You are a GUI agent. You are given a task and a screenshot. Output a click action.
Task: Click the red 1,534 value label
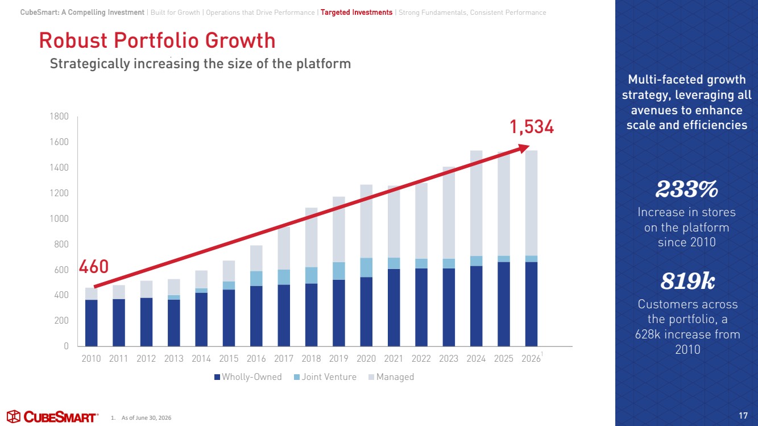[532, 127]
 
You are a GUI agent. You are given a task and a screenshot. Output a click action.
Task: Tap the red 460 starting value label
[94, 267]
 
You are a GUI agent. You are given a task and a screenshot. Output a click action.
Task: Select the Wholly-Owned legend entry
[248, 377]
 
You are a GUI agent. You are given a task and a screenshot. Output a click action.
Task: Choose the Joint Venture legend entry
[325, 377]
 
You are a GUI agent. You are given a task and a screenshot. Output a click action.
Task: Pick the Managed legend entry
[391, 377]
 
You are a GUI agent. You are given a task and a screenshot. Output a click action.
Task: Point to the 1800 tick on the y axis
[59, 117]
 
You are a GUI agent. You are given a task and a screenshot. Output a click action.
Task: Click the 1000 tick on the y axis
[59, 218]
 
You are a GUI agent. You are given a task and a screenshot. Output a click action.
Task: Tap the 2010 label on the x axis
[91, 358]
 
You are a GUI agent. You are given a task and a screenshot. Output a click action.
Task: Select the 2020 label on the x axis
[366, 358]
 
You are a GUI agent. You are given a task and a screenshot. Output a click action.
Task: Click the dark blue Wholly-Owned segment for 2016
[256, 316]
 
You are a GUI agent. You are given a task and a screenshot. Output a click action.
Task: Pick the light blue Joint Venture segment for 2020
[366, 268]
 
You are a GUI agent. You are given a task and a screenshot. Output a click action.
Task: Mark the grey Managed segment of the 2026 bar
[531, 203]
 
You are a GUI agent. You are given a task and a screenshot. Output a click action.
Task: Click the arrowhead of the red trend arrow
[524, 148]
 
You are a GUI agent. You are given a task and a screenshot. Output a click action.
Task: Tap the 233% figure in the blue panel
[686, 189]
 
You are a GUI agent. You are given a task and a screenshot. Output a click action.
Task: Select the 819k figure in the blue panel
[687, 281]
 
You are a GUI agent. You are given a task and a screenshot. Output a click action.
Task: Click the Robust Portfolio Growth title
[158, 40]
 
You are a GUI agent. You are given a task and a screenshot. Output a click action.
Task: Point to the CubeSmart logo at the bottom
[52, 416]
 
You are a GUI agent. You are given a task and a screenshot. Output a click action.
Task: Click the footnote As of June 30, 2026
[146, 418]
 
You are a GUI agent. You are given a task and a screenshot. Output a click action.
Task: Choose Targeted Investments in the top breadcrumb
[357, 13]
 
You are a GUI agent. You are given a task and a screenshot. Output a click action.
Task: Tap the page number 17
[743, 416]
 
